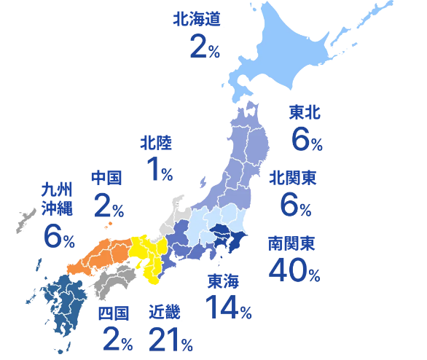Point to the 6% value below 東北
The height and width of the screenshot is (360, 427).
click(x=306, y=138)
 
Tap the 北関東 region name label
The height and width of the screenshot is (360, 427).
click(x=291, y=177)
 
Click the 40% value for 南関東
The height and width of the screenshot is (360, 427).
click(x=293, y=270)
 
